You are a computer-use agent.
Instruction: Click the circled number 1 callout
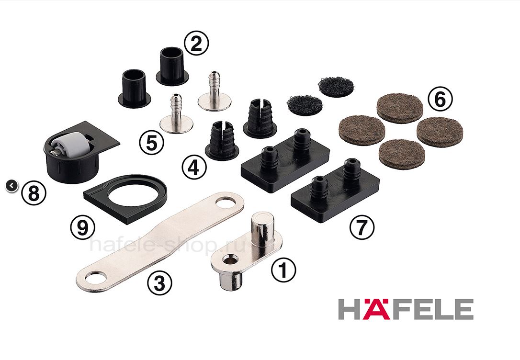pyautogui.click(x=283, y=270)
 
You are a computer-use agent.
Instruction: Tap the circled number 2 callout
pyautogui.click(x=196, y=44)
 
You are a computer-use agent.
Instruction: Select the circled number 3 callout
pyautogui.click(x=159, y=283)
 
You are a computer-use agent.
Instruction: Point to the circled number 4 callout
pyautogui.click(x=194, y=167)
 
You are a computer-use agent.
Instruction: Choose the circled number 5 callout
pyautogui.click(x=151, y=143)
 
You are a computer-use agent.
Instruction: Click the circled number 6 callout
pyautogui.click(x=440, y=99)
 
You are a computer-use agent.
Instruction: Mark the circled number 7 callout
pyautogui.click(x=362, y=227)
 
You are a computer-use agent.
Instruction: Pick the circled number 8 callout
pyautogui.click(x=34, y=193)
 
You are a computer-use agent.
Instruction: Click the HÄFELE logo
pyautogui.click(x=406, y=309)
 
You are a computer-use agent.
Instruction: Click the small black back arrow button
pyautogui.click(x=11, y=186)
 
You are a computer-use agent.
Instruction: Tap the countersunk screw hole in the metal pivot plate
pyautogui.click(x=228, y=259)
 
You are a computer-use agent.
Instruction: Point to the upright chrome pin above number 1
pyautogui.click(x=263, y=230)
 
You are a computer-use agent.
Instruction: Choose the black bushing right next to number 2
pyautogui.click(x=172, y=66)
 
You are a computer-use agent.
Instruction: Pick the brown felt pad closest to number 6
pyautogui.click(x=400, y=107)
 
